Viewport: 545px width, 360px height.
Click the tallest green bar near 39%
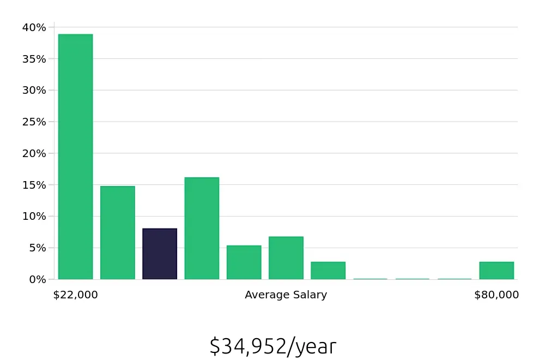[x=75, y=157]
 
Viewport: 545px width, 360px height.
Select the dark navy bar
[x=160, y=254]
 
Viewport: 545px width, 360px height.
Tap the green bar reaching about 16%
[x=202, y=228]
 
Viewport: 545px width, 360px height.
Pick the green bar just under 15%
[x=117, y=232]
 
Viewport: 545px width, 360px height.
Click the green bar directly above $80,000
[x=496, y=271]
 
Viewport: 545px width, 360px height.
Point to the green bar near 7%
[x=286, y=258]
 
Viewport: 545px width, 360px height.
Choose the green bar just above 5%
[x=244, y=262]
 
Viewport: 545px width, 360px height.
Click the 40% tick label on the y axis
[x=34, y=27]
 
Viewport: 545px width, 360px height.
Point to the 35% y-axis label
[x=34, y=59]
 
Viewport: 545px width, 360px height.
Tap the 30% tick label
[x=34, y=90]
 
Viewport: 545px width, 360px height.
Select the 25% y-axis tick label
[x=34, y=122]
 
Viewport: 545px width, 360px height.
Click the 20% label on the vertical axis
[x=34, y=153]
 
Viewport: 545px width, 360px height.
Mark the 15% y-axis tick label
[x=34, y=185]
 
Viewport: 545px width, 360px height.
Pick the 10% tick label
[x=34, y=217]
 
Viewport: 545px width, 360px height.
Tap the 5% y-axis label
[x=37, y=248]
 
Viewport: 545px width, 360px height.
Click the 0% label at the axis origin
[x=37, y=279]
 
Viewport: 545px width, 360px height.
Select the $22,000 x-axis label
[x=75, y=295]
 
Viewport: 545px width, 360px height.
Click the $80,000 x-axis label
[x=496, y=295]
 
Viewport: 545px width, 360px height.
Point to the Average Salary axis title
[x=286, y=295]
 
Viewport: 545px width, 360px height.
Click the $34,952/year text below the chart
[x=272, y=346]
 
